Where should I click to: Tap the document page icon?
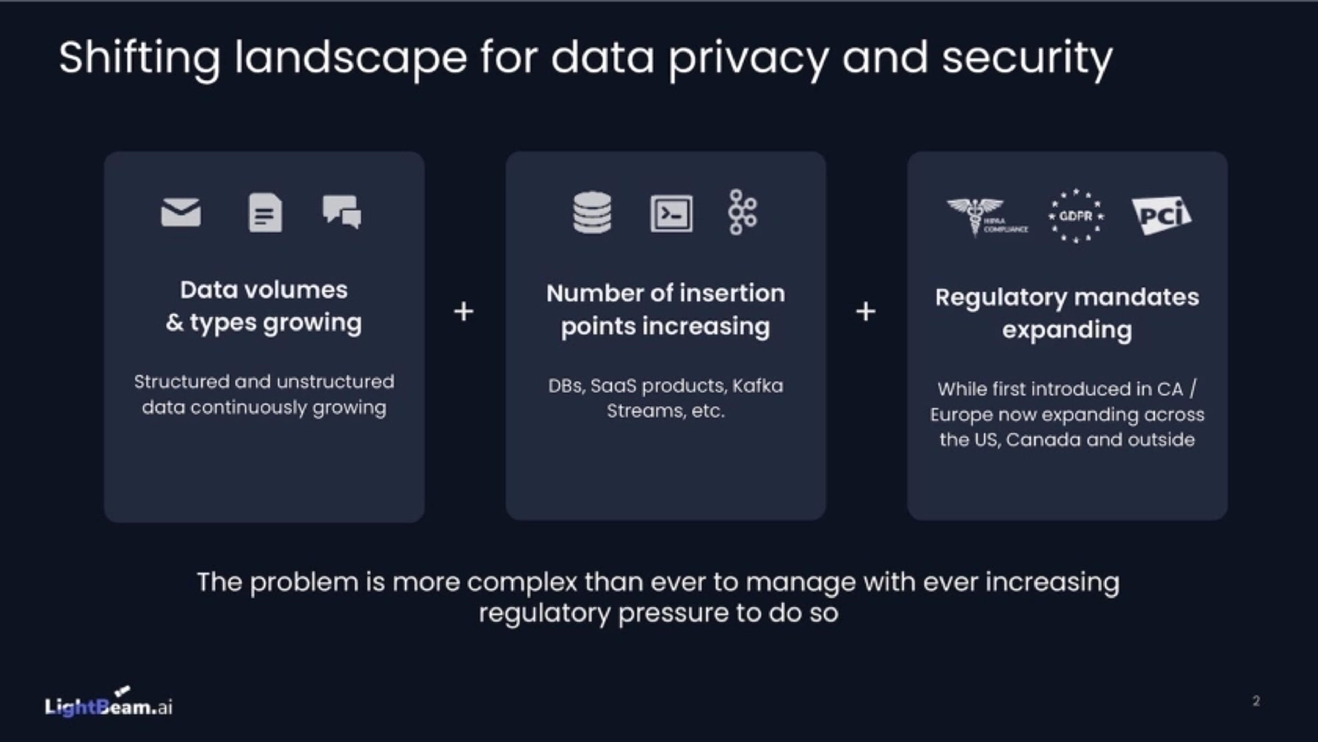click(265, 213)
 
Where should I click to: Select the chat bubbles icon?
click(342, 211)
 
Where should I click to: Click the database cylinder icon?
click(592, 213)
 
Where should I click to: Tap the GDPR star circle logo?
click(1076, 216)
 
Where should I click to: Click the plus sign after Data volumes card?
click(464, 312)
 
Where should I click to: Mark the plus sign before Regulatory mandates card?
click(866, 312)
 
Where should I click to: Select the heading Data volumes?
click(264, 290)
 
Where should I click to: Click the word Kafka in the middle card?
click(757, 386)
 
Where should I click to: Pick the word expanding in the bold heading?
click(1067, 330)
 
